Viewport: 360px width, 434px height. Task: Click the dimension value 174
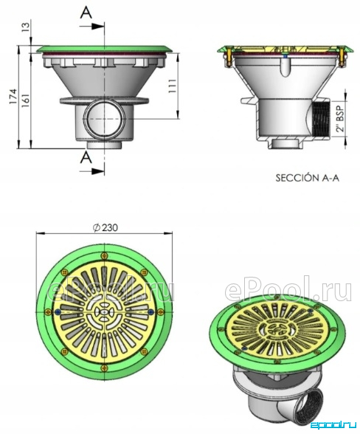13,97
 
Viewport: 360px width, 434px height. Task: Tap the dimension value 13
25,27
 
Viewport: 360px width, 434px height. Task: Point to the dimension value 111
172,86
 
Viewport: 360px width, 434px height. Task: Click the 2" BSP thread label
342,118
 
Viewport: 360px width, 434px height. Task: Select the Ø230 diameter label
105,227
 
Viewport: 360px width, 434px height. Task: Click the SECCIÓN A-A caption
307,178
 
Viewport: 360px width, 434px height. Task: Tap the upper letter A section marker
86,12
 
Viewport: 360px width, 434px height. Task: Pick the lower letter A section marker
86,158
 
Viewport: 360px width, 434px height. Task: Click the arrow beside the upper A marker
92,26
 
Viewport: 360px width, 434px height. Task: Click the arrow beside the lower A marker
92,171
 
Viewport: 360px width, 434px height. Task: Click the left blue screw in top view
58,312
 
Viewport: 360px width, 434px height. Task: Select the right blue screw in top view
150,312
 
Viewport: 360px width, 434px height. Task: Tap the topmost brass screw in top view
104,255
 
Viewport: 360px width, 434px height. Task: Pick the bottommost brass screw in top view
104,368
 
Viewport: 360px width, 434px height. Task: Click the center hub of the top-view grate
104,312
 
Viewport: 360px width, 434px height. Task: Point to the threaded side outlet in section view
321,118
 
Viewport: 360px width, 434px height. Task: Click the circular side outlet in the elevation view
104,119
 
